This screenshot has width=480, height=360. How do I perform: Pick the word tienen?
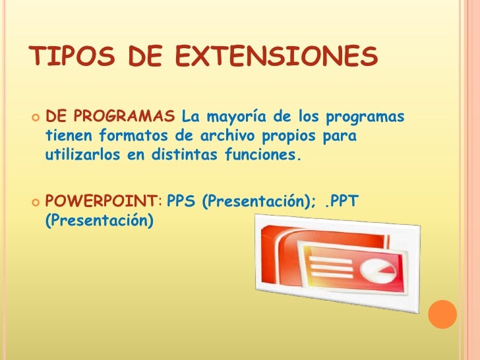[x=69, y=137]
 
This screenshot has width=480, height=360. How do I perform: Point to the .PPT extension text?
[x=342, y=200]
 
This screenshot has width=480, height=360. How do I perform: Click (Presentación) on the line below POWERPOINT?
[x=98, y=220]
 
